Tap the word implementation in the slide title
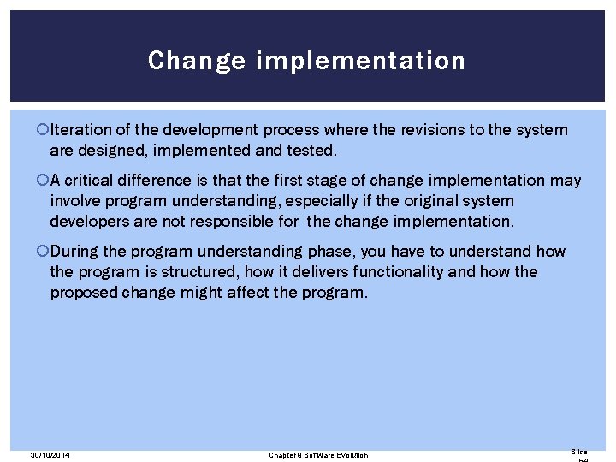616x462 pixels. point(360,62)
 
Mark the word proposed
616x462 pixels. point(83,293)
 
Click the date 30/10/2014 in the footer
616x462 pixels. point(49,455)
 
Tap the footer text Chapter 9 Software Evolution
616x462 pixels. point(318,455)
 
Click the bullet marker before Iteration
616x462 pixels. point(44,130)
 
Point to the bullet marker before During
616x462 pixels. point(44,252)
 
